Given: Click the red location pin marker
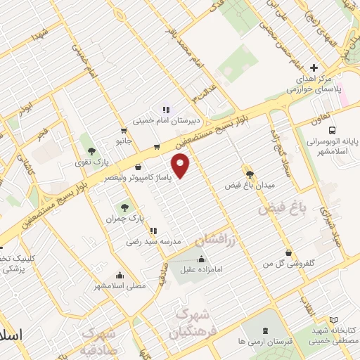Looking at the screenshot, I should pos(183,166).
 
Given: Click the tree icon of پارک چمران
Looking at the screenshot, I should pos(125,207).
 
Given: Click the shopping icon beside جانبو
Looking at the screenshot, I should pos(124,130).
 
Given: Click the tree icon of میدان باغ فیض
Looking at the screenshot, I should pos(249,173).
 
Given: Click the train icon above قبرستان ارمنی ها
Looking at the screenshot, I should pos(264,331).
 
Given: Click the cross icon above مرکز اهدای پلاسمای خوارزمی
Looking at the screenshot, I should pos(314,67).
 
